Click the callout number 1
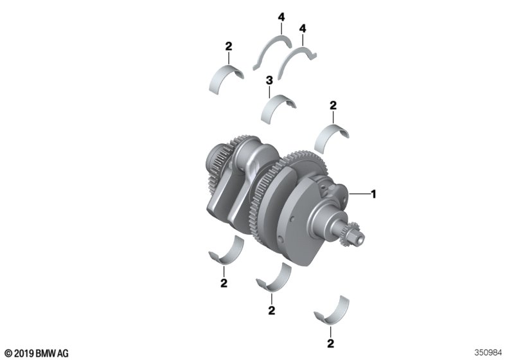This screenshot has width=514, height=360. (x=373, y=194)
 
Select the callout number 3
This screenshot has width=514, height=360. (x=269, y=80)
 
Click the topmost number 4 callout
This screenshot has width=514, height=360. (x=281, y=17)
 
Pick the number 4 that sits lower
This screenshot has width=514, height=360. (x=303, y=28)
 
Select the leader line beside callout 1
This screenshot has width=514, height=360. (x=360, y=194)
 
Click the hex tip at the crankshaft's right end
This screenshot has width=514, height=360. (x=359, y=238)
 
